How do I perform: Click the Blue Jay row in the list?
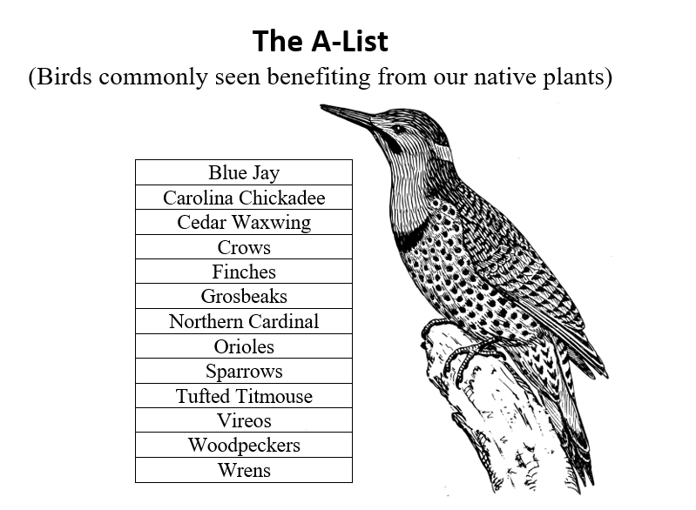coord(244,172)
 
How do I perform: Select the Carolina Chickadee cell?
coord(244,198)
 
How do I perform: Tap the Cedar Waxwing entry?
coord(244,222)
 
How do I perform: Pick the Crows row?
coord(244,247)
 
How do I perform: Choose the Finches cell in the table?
coord(244,272)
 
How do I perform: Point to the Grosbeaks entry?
coord(244,296)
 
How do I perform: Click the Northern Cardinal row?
coord(244,321)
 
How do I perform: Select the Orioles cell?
coord(244,346)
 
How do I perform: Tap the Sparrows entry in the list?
coord(244,371)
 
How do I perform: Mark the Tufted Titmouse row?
coord(244,396)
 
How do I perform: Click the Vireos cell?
coord(244,420)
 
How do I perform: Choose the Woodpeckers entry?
coord(244,445)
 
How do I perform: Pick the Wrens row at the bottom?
coord(244,470)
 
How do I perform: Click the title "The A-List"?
coord(320,41)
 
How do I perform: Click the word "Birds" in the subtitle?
coord(64,77)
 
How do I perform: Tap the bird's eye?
coord(398,129)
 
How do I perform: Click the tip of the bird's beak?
coord(321,106)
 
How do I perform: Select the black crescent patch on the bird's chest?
coord(410,236)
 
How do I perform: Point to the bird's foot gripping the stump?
coord(470,355)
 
